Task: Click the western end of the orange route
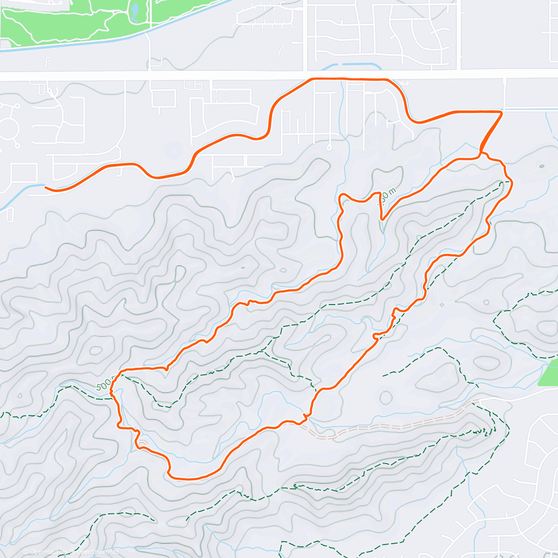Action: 46,187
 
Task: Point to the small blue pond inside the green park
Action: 134,12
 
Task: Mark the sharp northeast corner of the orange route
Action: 502,112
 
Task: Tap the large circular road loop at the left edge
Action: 7,124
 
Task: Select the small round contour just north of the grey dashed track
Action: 386,397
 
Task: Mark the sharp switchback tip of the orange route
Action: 382,219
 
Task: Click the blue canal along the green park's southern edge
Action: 93,42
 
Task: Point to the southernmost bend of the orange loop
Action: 186,478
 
